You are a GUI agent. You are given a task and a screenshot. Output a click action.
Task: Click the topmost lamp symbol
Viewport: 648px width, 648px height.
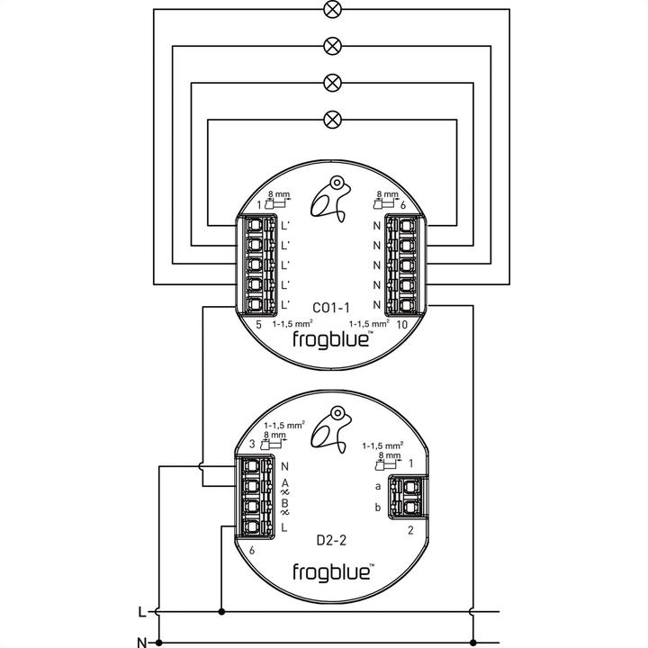(x=332, y=12)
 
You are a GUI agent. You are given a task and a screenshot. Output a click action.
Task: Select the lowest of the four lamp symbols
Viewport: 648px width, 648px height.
(x=332, y=118)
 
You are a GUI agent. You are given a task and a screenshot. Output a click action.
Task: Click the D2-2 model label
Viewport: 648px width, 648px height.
(x=331, y=540)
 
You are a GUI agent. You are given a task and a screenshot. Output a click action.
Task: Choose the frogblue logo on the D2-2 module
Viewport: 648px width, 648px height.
(x=332, y=571)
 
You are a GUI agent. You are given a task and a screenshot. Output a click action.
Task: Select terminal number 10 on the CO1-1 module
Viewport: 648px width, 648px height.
(x=401, y=324)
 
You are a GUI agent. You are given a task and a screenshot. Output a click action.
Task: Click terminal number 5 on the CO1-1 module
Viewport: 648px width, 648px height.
(x=258, y=324)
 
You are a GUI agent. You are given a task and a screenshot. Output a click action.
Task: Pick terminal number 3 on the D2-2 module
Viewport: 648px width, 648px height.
(x=252, y=442)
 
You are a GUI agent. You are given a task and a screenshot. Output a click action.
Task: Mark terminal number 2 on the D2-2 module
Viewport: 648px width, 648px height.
(x=410, y=530)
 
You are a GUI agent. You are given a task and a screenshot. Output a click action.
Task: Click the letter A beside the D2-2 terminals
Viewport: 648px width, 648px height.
(x=284, y=484)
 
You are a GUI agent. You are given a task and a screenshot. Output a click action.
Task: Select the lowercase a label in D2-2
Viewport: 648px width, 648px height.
(x=377, y=486)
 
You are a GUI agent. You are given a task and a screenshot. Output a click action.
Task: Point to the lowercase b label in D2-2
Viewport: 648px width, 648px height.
(x=377, y=508)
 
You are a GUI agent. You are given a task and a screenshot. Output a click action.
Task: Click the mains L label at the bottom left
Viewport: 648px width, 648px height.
(x=140, y=612)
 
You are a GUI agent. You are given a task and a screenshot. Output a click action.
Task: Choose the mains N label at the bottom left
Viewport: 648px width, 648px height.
(x=140, y=643)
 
